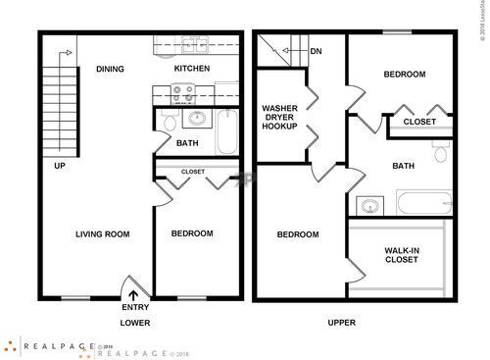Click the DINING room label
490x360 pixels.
point(109,70)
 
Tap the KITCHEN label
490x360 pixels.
point(192,70)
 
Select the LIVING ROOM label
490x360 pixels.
point(104,233)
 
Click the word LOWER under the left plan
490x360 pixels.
point(135,322)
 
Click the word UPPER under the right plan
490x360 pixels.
point(342,322)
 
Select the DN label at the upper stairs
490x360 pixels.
point(316,51)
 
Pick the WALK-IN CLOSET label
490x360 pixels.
point(403,256)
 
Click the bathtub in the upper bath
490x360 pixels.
point(420,206)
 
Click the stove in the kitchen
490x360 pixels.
point(182,94)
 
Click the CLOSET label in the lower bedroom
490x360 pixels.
point(193,172)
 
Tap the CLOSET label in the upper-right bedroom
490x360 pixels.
point(419,122)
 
